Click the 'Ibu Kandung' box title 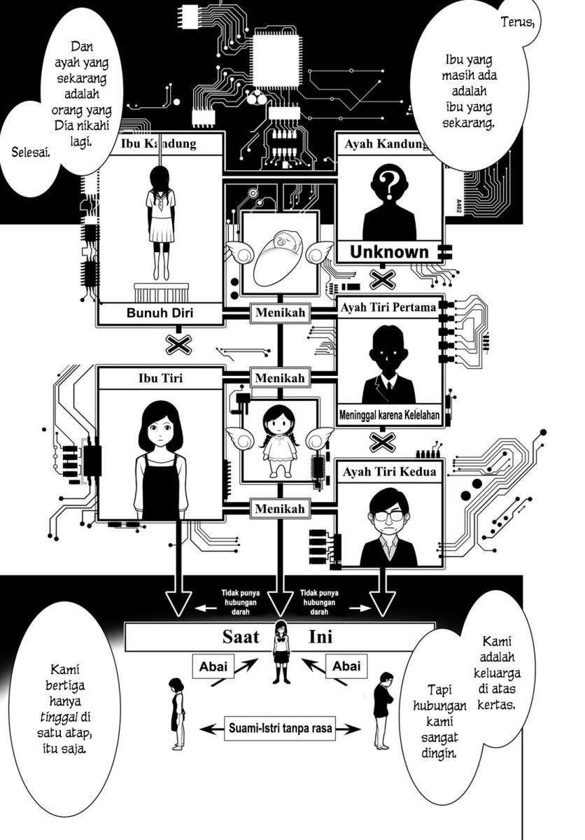(159, 143)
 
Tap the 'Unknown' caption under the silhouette (389, 253)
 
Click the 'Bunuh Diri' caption (160, 313)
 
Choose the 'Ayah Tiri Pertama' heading (388, 307)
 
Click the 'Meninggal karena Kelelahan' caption (389, 415)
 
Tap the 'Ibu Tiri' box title (160, 378)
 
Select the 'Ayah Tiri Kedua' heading (389, 471)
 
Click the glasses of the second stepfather (388, 516)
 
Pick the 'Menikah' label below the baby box (280, 312)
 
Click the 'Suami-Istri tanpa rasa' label (280, 728)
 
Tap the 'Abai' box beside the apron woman (213, 666)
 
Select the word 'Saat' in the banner (241, 636)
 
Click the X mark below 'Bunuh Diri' (178, 344)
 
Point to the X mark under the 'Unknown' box (383, 279)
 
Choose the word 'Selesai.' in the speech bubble (31, 153)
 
